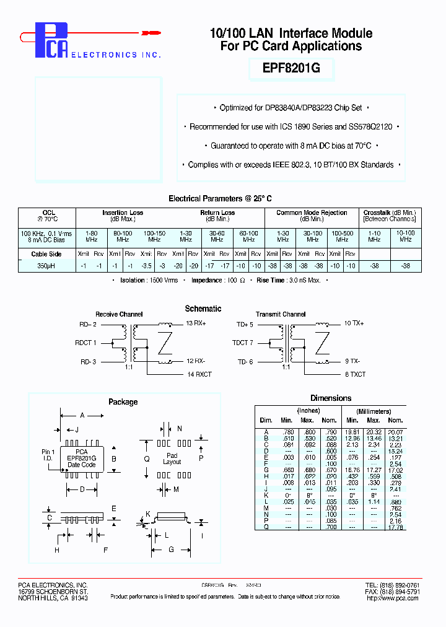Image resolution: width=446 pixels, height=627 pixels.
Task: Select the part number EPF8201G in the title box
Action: click(292, 69)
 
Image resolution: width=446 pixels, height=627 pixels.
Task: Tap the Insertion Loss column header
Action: click(123, 213)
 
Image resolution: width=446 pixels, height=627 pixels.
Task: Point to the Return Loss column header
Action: click(217, 213)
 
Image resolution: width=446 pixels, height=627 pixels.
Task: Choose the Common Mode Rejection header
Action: click(312, 213)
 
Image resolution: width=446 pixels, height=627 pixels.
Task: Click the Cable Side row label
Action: click(47, 254)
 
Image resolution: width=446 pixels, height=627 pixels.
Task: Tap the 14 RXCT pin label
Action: click(199, 375)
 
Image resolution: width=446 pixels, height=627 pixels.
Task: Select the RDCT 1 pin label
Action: click(85, 343)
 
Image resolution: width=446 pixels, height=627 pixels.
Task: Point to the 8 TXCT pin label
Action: click(355, 375)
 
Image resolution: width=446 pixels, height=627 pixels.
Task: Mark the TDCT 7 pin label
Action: click(242, 343)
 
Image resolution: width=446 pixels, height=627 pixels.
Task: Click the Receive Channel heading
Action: click(119, 314)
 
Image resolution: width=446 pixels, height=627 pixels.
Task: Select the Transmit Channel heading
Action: click(281, 314)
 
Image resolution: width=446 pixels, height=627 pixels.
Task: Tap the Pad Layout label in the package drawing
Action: click(172, 458)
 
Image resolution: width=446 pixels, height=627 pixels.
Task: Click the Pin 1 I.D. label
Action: click(48, 455)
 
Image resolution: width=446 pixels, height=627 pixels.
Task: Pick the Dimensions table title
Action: click(331, 398)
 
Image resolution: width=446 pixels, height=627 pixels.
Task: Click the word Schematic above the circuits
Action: click(203, 309)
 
